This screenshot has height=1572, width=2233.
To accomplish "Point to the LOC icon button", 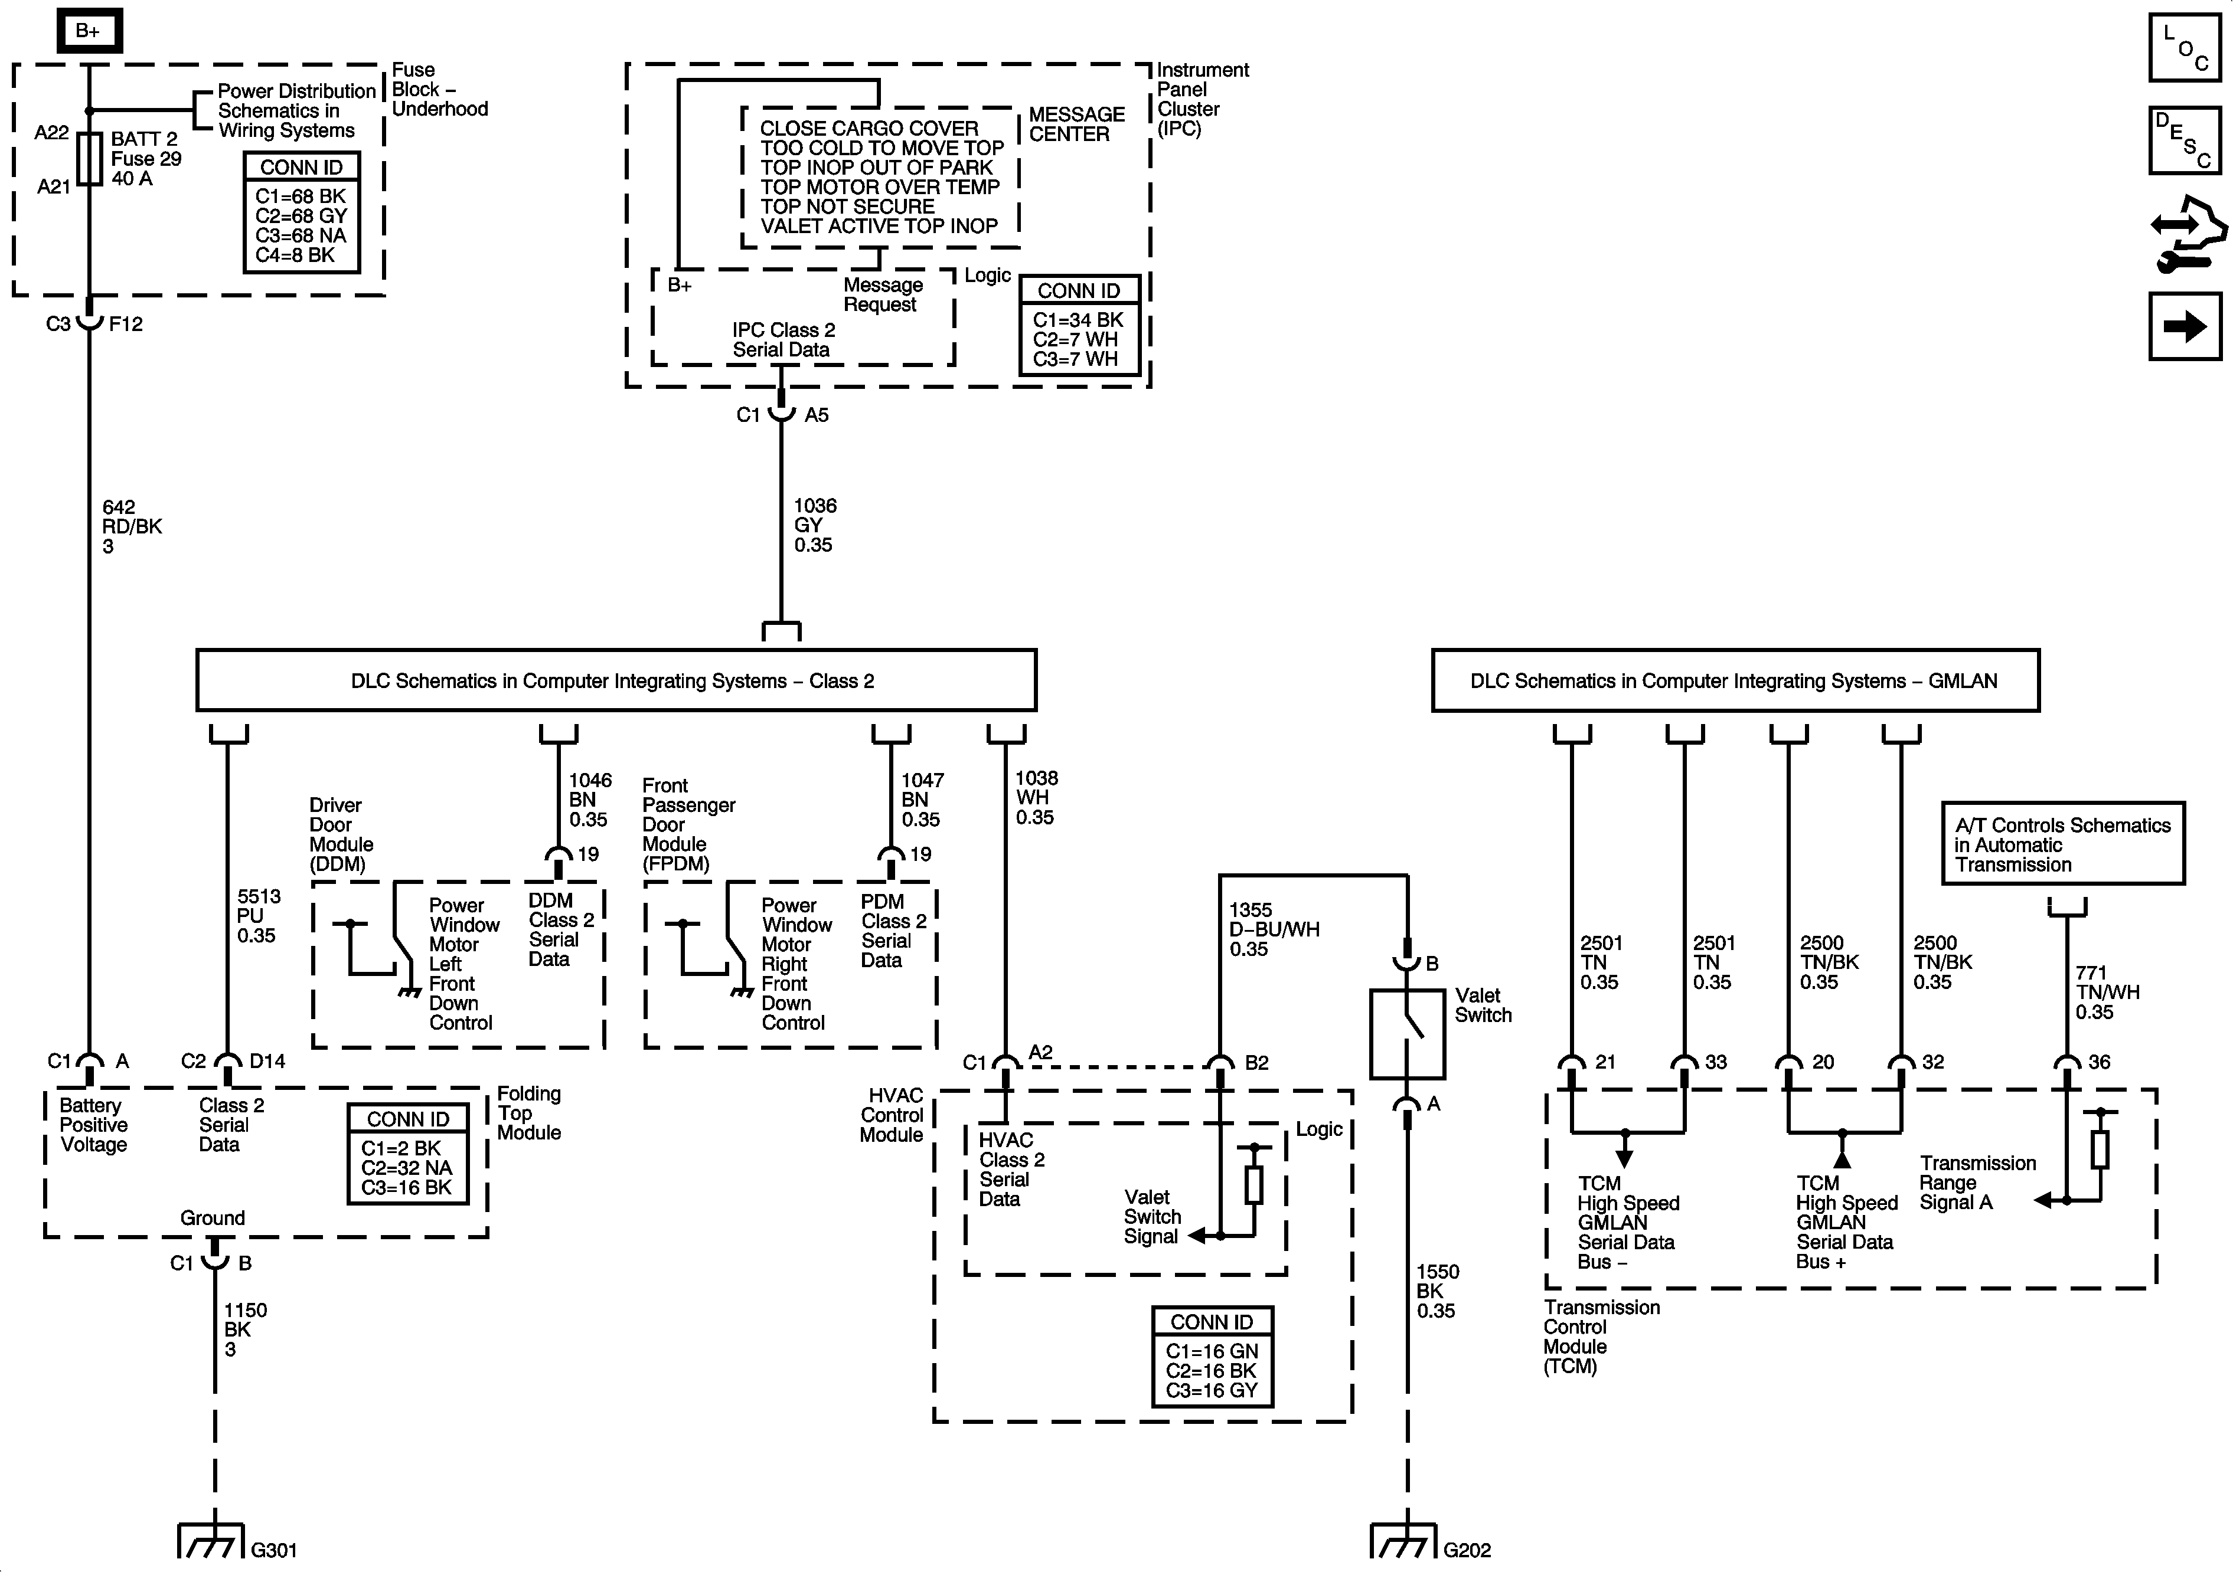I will (2185, 48).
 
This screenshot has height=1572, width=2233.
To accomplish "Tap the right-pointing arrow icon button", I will (2185, 327).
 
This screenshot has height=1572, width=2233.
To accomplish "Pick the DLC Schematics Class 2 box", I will (616, 680).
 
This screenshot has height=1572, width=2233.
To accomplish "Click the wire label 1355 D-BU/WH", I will (1273, 929).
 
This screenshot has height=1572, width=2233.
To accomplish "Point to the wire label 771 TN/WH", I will (2107, 991).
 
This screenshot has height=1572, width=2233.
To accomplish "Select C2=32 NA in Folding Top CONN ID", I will (407, 1168).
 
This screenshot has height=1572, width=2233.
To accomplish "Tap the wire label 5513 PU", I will (258, 916).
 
